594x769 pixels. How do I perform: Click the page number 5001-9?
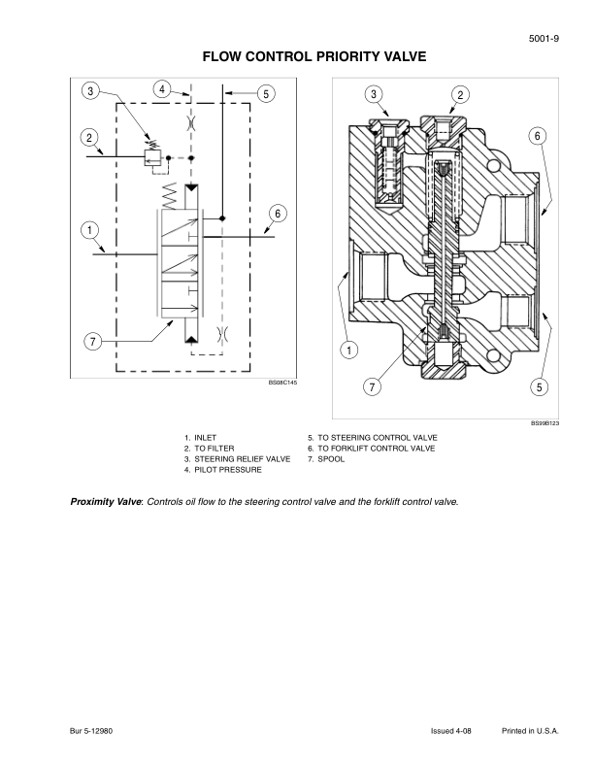click(x=544, y=39)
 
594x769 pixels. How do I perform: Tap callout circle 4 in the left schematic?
click(x=162, y=89)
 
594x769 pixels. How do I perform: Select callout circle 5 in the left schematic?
click(x=266, y=93)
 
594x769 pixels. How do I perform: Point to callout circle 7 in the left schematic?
click(x=92, y=342)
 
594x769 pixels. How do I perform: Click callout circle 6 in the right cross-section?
click(x=538, y=136)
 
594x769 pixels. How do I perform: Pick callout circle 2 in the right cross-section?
click(x=460, y=94)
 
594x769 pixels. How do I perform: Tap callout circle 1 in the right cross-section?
click(x=349, y=351)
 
